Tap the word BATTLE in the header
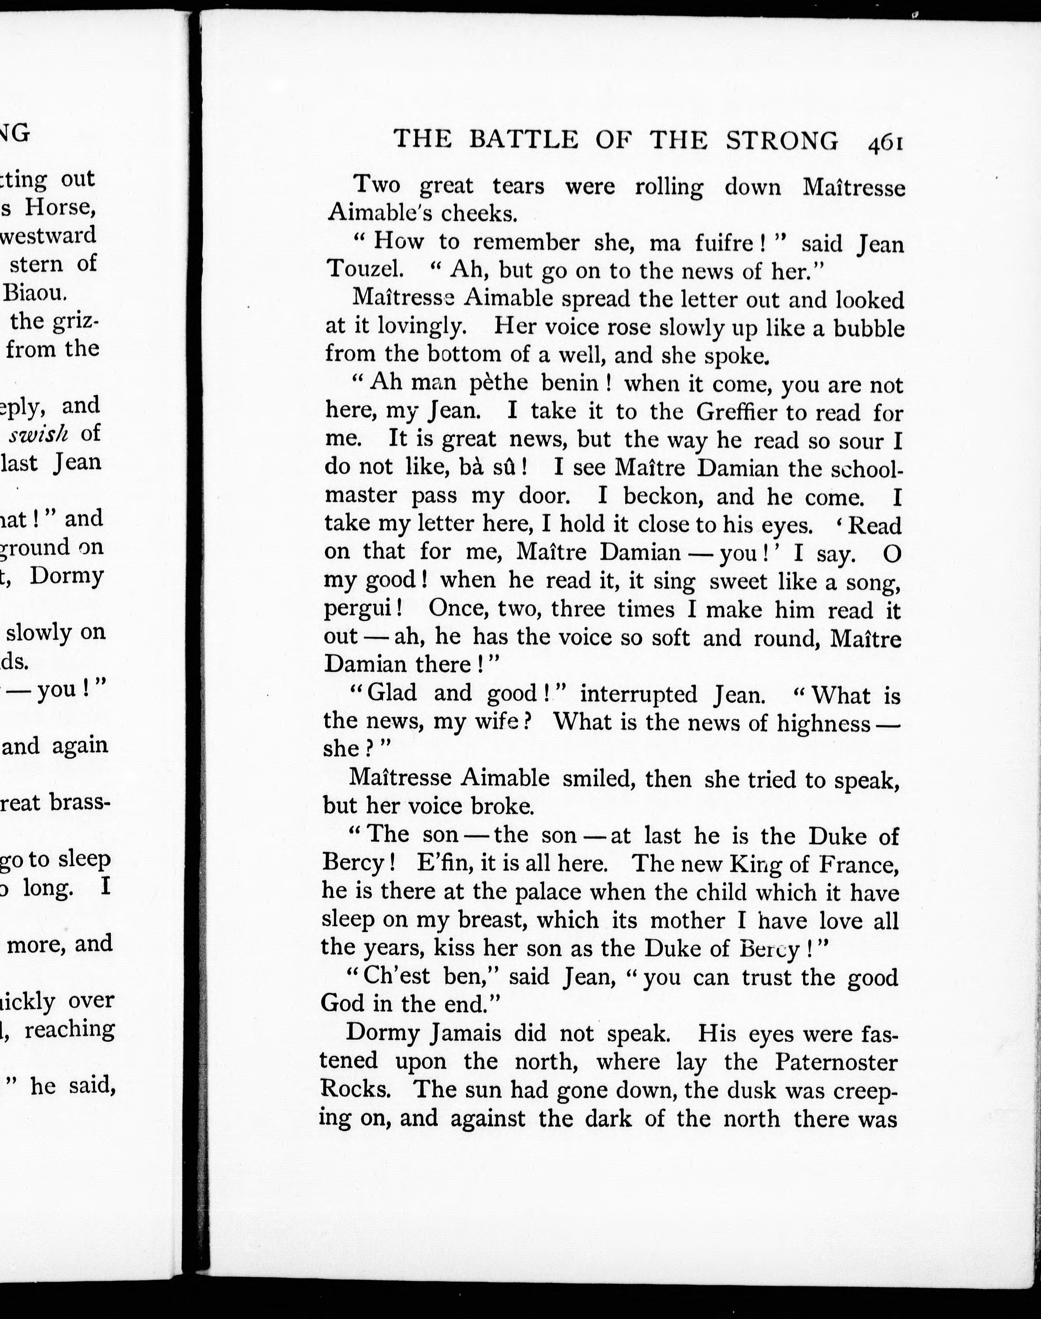tap(524, 140)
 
